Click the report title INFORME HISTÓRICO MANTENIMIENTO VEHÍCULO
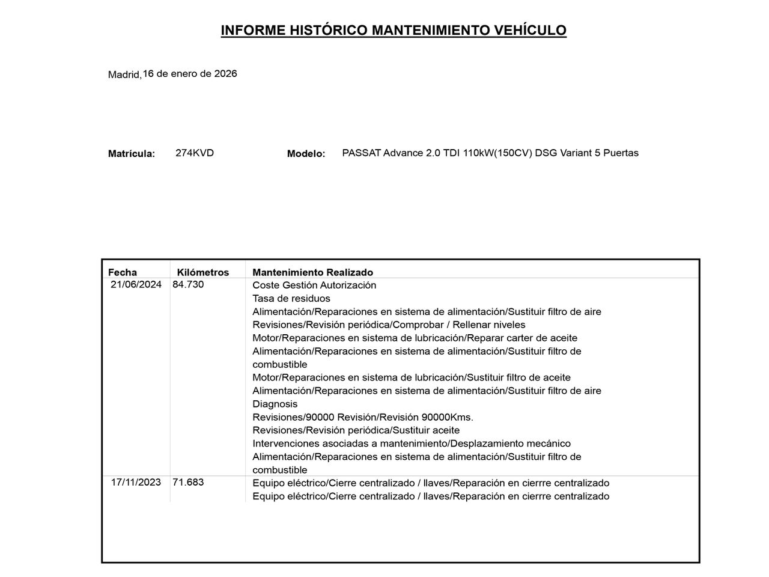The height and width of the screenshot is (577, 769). pyautogui.click(x=394, y=30)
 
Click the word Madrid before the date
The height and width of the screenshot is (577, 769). pyautogui.click(x=124, y=75)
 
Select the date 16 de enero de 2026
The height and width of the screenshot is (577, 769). pyautogui.click(x=190, y=73)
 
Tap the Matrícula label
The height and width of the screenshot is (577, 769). pyautogui.click(x=131, y=154)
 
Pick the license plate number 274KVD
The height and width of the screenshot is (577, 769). pyautogui.click(x=195, y=153)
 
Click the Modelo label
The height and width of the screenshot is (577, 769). pyautogui.click(x=306, y=154)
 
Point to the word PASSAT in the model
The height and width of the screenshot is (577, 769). pyautogui.click(x=361, y=153)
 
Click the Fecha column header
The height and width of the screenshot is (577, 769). pyautogui.click(x=123, y=272)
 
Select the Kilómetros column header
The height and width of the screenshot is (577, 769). pyautogui.click(x=203, y=272)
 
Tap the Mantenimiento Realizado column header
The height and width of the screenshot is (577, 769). pyautogui.click(x=312, y=272)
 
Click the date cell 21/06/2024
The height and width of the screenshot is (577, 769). pyautogui.click(x=136, y=284)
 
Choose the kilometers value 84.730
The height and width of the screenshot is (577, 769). pyautogui.click(x=188, y=284)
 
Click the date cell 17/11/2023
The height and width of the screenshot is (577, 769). pyautogui.click(x=136, y=482)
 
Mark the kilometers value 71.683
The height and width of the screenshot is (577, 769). pyautogui.click(x=188, y=482)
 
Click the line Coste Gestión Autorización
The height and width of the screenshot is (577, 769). pyautogui.click(x=314, y=285)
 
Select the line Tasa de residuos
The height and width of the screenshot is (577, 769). pyautogui.click(x=291, y=298)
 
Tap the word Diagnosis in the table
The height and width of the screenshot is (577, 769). pyautogui.click(x=275, y=404)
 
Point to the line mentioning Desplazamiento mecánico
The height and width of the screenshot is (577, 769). pyautogui.click(x=412, y=444)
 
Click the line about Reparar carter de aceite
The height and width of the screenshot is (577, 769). pyautogui.click(x=415, y=338)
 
